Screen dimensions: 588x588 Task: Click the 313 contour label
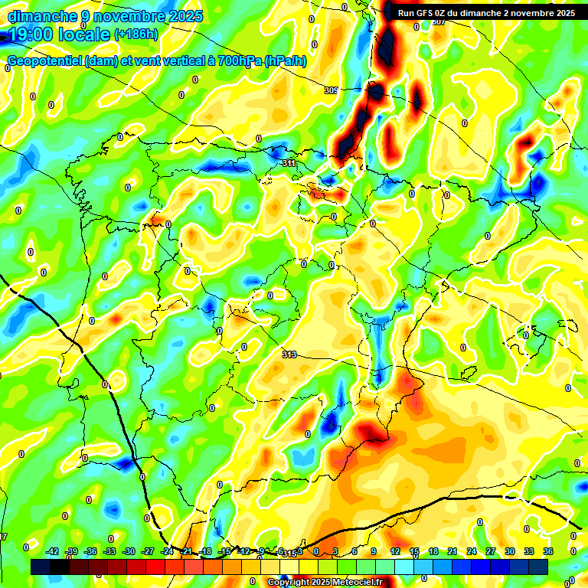click(x=289, y=354)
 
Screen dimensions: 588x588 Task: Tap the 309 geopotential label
click(x=331, y=90)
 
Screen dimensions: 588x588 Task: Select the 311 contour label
click(x=289, y=163)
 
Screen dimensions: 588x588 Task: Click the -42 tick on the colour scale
click(x=52, y=551)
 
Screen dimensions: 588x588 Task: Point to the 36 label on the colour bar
click(x=548, y=551)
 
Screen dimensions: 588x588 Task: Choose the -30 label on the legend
click(x=129, y=551)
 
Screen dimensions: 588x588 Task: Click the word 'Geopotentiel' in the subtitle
click(x=44, y=61)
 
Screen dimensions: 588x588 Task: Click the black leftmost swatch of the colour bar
click(x=41, y=567)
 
